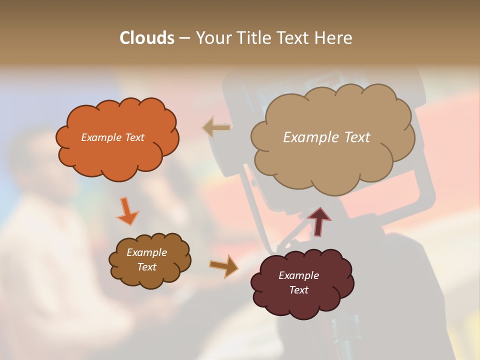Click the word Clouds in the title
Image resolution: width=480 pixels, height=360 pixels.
pyautogui.click(x=146, y=38)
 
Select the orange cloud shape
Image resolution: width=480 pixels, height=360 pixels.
pyautogui.click(x=118, y=155)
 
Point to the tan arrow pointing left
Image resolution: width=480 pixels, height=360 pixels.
pyautogui.click(x=216, y=127)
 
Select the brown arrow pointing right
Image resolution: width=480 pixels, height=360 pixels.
pyautogui.click(x=223, y=265)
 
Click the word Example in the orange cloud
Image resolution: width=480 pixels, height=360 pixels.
pyautogui.click(x=101, y=137)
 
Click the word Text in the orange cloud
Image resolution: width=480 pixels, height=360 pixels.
pyautogui.click(x=134, y=137)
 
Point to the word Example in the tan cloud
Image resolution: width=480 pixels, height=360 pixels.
pyautogui.click(x=310, y=137)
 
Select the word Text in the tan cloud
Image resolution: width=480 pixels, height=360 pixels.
pyautogui.click(x=357, y=137)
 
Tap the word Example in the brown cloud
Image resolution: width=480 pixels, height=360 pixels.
pyautogui.click(x=147, y=252)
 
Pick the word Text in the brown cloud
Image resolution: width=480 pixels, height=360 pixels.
pyautogui.click(x=147, y=267)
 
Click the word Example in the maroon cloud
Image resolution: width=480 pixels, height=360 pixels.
pyautogui.click(x=299, y=275)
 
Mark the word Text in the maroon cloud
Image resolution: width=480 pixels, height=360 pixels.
pyautogui.click(x=299, y=290)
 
